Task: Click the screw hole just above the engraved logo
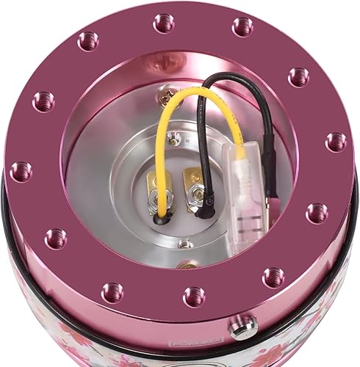tap(194, 296)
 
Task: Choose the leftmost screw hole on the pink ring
tap(21, 172)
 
